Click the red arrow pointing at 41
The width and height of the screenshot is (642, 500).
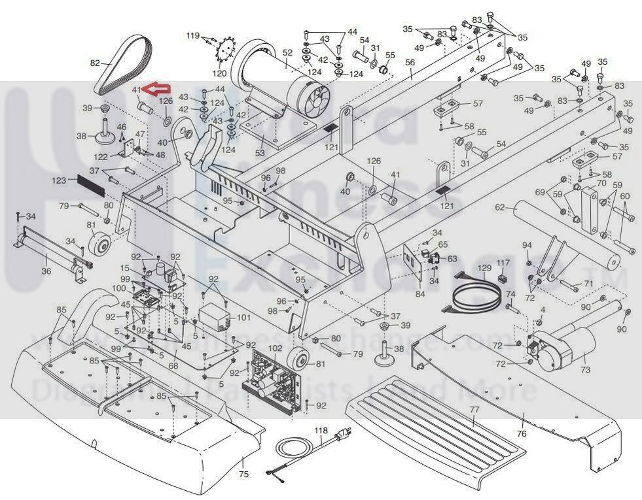[x=156, y=90]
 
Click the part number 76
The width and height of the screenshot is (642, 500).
[x=522, y=433]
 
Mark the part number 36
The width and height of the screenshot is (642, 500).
[x=46, y=271]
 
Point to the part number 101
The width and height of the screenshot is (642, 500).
[x=243, y=318]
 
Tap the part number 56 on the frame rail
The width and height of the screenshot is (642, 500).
[x=410, y=63]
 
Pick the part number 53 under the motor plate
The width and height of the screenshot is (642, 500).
[x=260, y=154]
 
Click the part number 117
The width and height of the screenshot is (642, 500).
[x=503, y=263]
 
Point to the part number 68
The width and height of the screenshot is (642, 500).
[x=174, y=365]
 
